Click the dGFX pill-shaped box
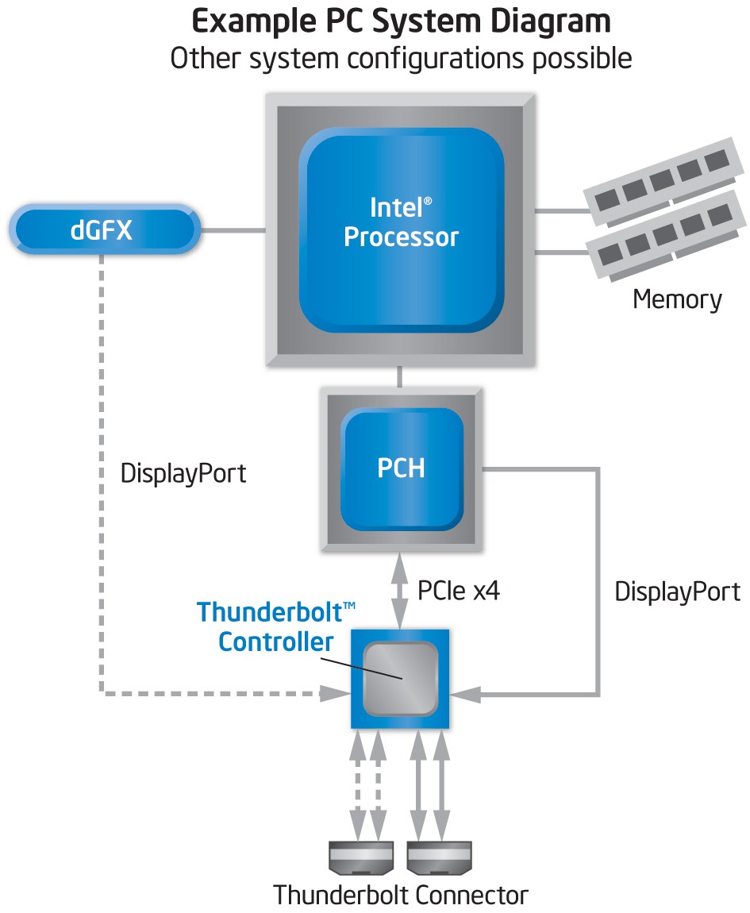click(x=102, y=231)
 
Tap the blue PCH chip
click(x=401, y=468)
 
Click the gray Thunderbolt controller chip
click(x=401, y=679)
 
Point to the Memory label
click(x=677, y=300)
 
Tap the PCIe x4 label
click(x=459, y=591)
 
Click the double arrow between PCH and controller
click(x=401, y=591)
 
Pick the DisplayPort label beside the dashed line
click(x=183, y=474)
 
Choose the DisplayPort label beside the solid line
click(x=677, y=591)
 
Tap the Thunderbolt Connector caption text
click(x=401, y=896)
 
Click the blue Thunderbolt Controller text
click(x=276, y=627)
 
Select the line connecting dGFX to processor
click(x=232, y=231)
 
